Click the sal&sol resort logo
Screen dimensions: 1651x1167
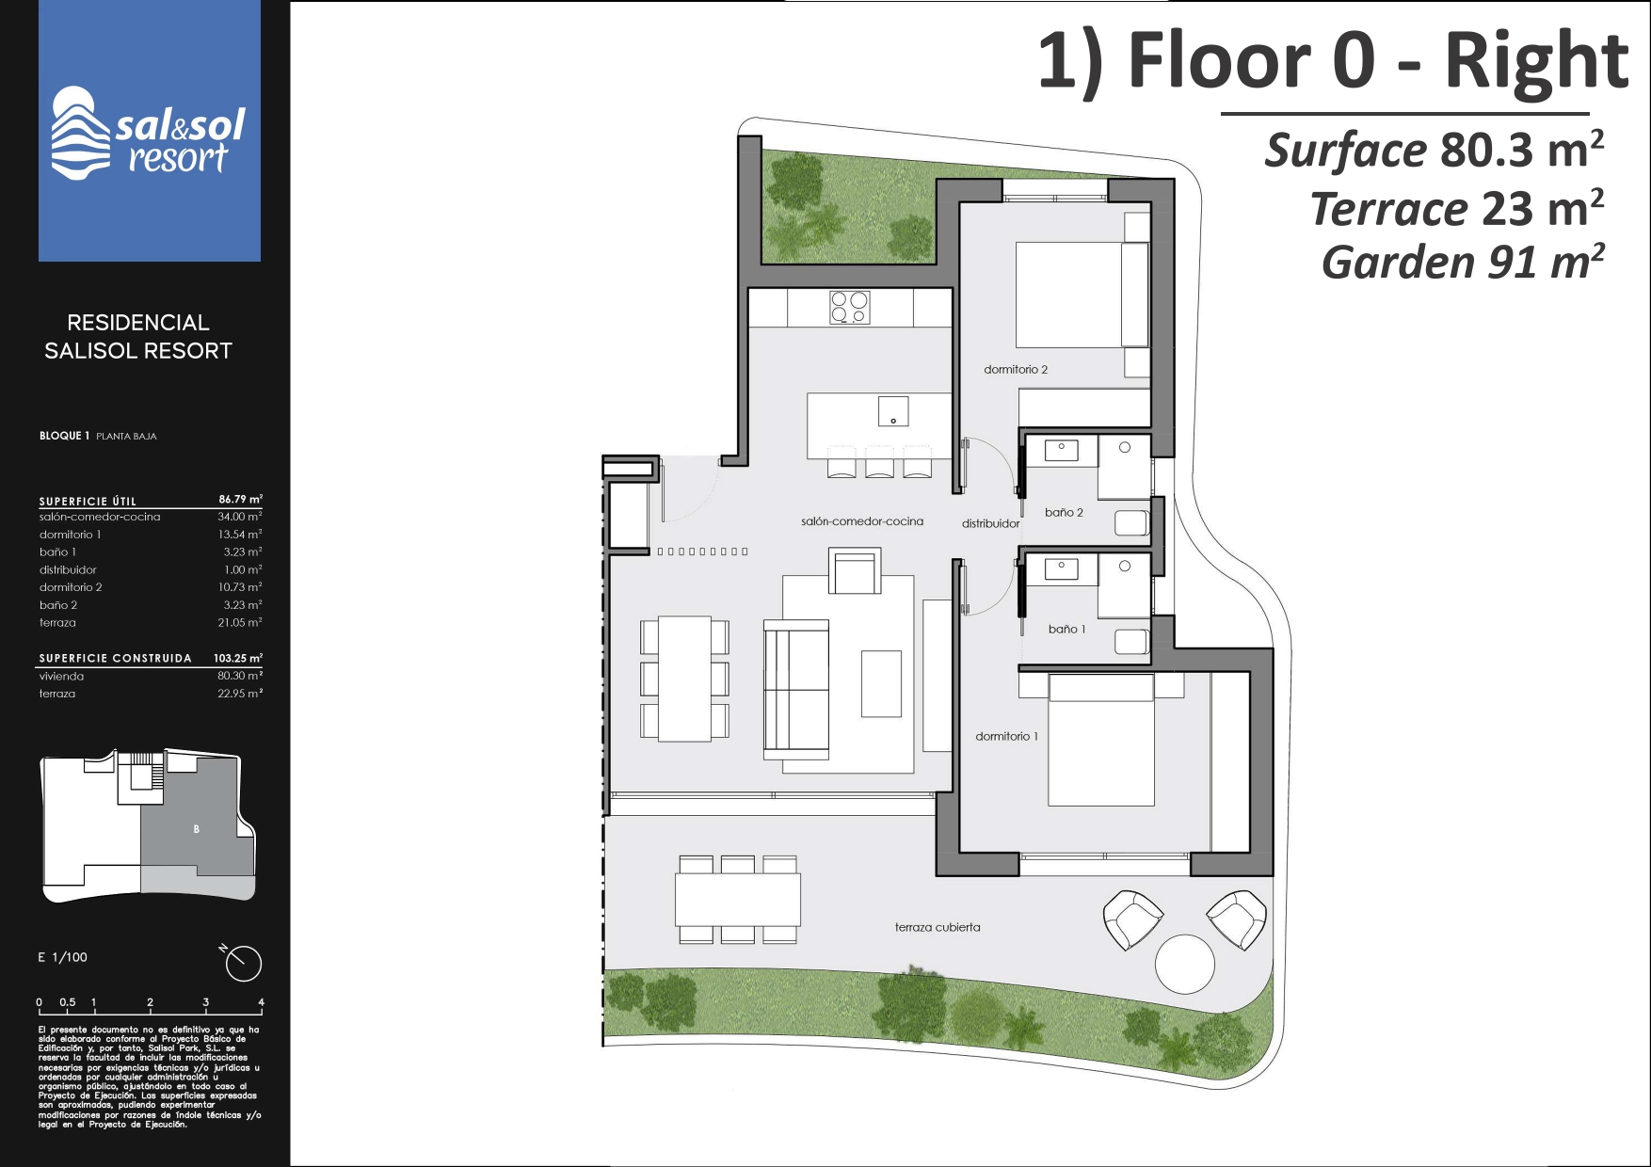[149, 133]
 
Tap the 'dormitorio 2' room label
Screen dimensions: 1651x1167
[1016, 370]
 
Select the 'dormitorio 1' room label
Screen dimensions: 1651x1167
[1007, 737]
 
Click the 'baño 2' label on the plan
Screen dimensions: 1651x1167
[1064, 513]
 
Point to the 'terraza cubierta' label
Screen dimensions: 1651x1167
[938, 927]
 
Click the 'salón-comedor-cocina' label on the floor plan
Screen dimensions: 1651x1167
[862, 521]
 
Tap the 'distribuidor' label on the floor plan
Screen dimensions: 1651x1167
[990, 524]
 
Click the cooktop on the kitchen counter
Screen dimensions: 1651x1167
[850, 307]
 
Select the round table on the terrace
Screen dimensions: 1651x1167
[1185, 965]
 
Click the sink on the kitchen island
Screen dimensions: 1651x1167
[893, 411]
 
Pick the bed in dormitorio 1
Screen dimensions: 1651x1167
[1101, 740]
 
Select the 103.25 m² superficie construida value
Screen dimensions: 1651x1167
[238, 658]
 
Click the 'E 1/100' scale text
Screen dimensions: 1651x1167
[62, 957]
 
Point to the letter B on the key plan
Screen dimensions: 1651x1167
[197, 829]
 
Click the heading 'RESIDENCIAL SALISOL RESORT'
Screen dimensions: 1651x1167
[138, 337]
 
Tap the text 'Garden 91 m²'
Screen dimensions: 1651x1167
[1463, 263]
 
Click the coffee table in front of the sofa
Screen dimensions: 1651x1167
[881, 683]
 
